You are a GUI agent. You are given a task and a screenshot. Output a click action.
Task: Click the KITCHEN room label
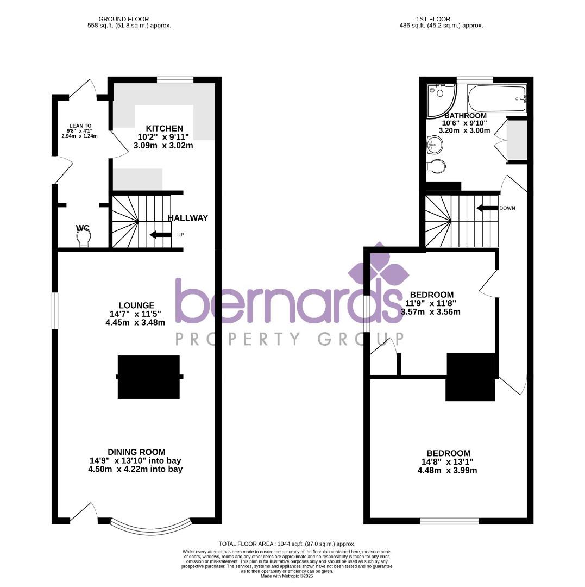[163, 128]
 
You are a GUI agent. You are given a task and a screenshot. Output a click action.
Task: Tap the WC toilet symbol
[83, 237]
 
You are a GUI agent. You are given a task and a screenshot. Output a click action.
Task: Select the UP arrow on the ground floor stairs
[161, 235]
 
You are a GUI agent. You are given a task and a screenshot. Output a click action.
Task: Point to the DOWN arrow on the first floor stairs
[487, 208]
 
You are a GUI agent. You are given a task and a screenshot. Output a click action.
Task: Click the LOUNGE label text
[137, 305]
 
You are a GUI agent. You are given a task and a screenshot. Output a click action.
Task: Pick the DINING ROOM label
[136, 452]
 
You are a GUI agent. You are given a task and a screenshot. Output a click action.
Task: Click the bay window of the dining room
[151, 526]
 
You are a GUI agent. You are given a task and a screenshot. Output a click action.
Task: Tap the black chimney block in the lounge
[149, 377]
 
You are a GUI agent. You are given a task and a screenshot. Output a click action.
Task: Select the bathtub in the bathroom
[496, 98]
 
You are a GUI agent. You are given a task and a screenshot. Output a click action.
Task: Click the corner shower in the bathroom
[440, 99]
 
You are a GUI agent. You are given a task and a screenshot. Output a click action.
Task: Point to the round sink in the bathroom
[435, 145]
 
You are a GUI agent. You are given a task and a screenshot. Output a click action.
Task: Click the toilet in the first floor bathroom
[437, 165]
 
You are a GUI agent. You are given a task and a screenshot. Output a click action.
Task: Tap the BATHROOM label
[465, 116]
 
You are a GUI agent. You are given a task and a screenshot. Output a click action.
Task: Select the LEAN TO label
[80, 126]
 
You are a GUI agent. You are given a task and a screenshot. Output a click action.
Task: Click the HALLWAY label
[187, 218]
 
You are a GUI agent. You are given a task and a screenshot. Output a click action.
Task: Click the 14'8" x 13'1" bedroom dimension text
[448, 462]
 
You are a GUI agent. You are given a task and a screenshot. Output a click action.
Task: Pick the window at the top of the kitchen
[175, 80]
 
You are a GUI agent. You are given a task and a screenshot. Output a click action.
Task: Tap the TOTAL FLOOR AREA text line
[286, 544]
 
